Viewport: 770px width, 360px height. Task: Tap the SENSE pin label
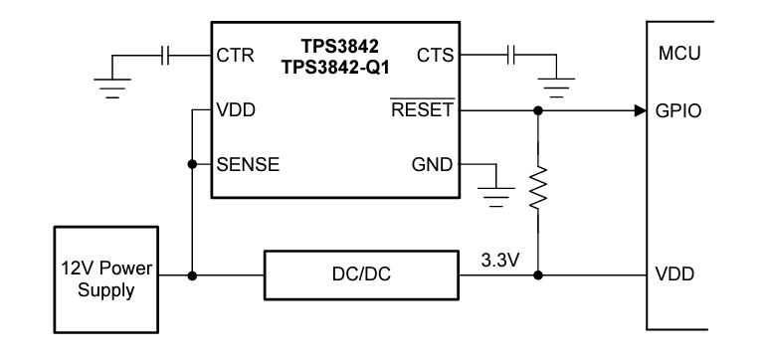click(248, 165)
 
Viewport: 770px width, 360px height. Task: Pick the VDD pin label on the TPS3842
click(236, 110)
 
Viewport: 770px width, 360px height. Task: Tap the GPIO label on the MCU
click(680, 110)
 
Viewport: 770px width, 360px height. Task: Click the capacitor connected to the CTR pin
click(168, 57)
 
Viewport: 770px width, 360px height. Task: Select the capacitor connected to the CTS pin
click(513, 57)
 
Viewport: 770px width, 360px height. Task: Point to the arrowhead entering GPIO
click(641, 110)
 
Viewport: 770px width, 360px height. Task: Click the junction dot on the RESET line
click(538, 110)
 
